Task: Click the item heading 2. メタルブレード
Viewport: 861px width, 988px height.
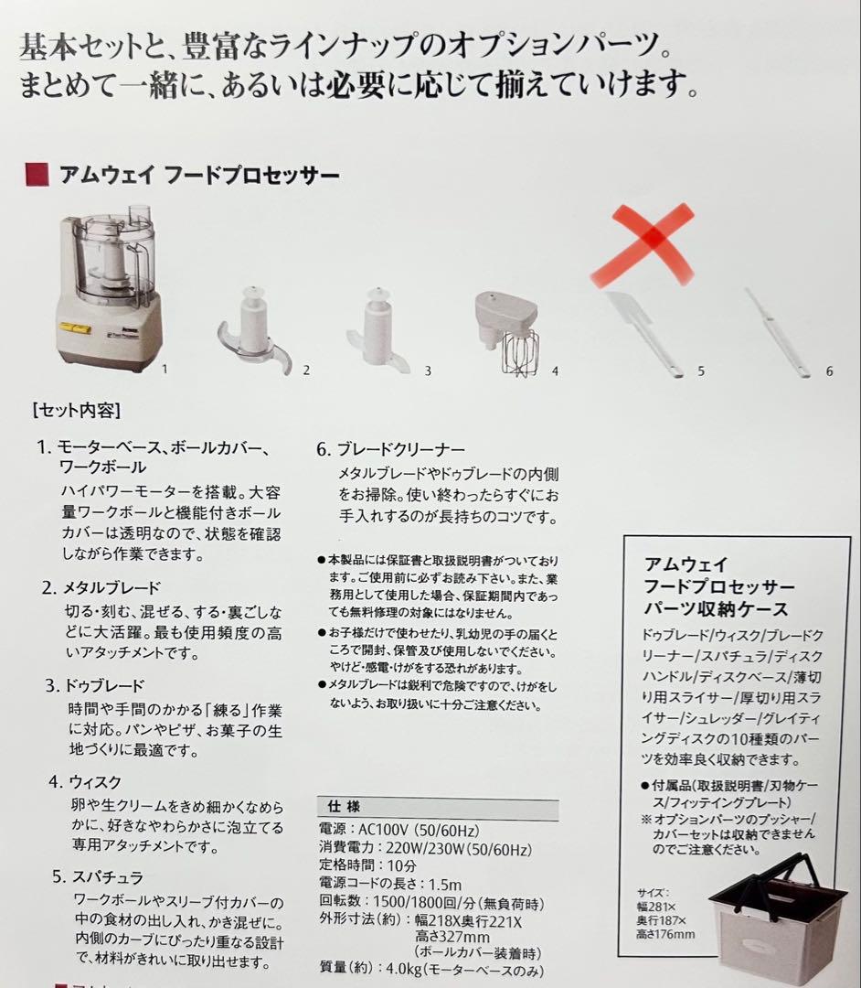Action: tap(101, 587)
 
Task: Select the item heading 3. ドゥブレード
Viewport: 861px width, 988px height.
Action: tap(97, 685)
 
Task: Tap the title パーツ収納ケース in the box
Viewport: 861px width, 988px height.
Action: tap(716, 609)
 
